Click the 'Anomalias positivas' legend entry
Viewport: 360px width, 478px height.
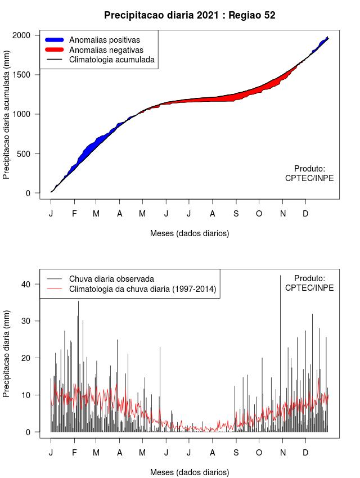104,40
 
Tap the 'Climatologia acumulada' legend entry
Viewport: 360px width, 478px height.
111,59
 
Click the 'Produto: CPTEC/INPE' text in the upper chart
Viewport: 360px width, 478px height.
309,173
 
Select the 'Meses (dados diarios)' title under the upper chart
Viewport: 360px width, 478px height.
190,233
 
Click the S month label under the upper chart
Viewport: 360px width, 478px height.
236,214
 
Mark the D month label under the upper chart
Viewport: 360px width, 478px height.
305,214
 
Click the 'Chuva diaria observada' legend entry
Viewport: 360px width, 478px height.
111,279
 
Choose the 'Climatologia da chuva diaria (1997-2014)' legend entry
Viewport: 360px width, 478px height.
143,289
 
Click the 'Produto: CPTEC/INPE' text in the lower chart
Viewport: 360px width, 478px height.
309,283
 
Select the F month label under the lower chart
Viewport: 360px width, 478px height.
74,452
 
